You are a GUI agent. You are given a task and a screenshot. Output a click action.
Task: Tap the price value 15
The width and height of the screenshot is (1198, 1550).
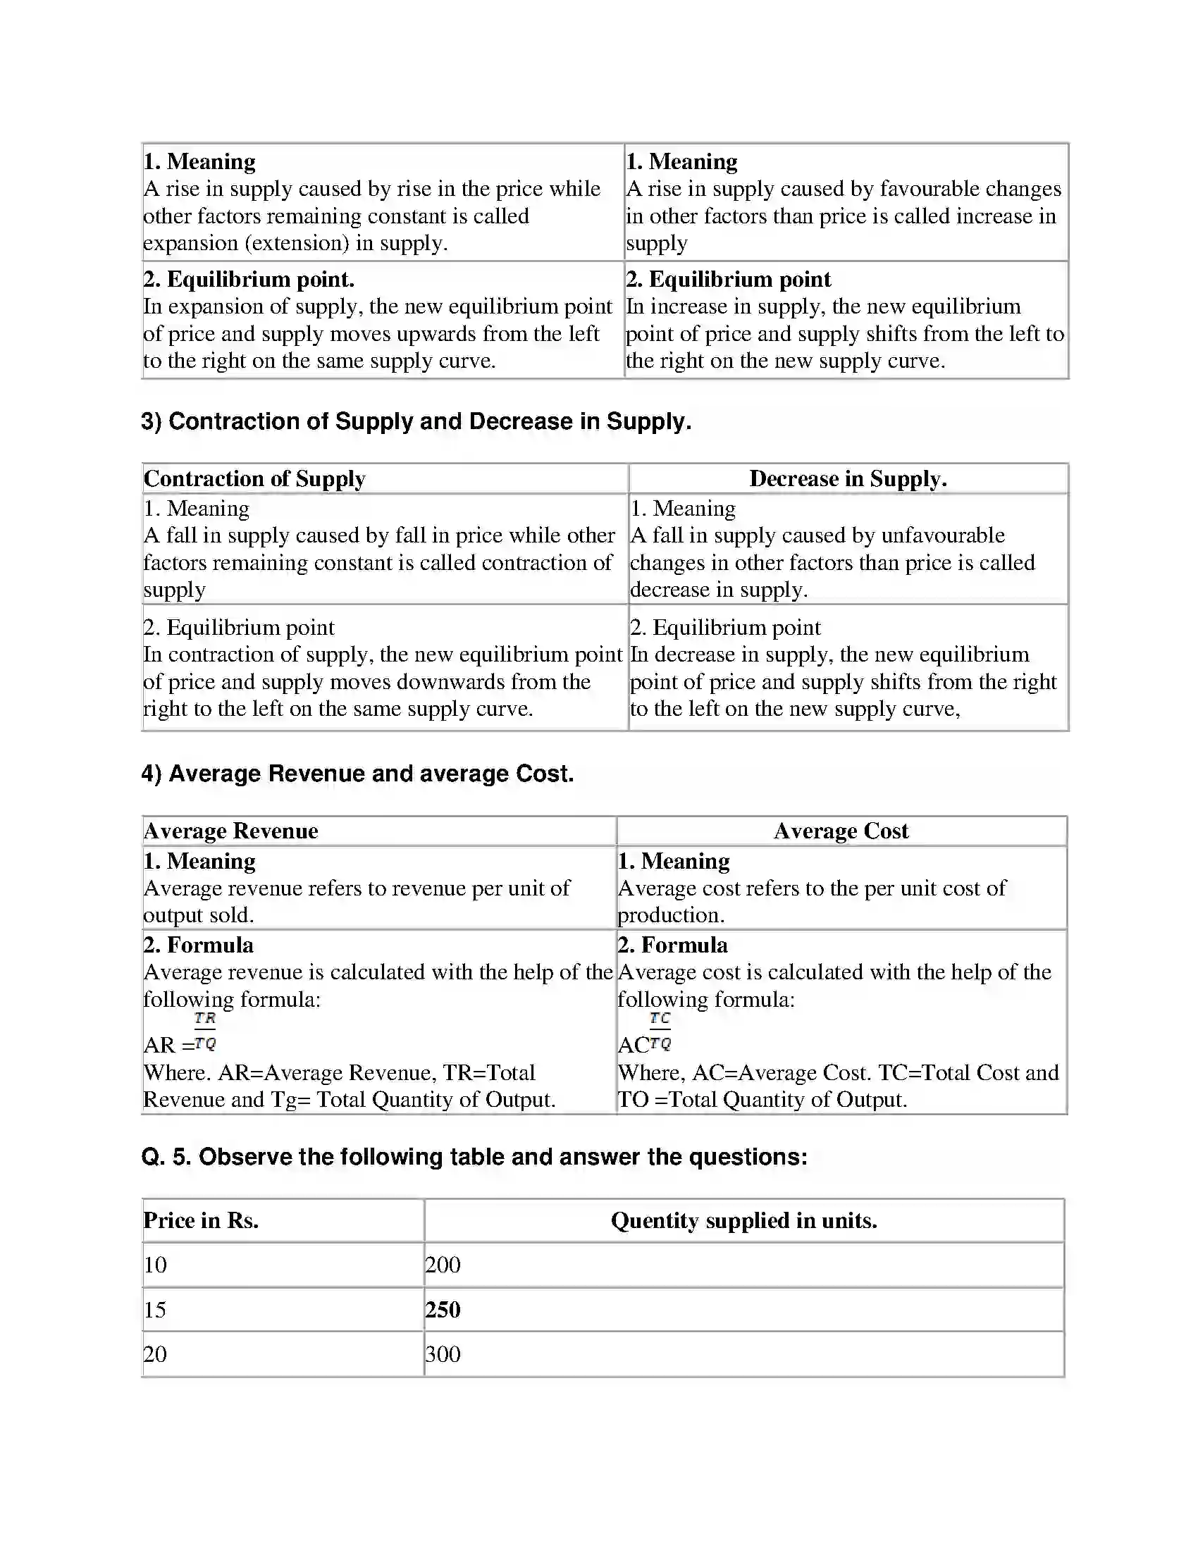point(155,1310)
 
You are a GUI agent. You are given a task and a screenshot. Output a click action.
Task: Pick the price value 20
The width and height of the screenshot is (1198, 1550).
point(155,1354)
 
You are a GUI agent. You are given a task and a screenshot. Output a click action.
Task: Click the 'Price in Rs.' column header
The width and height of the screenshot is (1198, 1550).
point(201,1220)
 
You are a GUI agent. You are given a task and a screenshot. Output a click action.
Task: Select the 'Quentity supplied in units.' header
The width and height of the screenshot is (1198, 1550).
point(743,1220)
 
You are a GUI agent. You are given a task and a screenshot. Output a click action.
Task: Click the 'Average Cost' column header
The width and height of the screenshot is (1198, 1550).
point(841,831)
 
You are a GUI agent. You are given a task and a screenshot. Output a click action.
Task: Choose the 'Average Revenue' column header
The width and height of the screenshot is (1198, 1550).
point(230,831)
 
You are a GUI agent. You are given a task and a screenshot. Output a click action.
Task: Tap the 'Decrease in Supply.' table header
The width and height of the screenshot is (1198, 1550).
point(848,478)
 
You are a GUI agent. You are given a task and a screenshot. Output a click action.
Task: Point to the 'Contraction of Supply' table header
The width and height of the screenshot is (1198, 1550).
point(254,478)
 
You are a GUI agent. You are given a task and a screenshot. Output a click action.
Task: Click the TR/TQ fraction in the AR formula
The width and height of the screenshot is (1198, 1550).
point(204,1031)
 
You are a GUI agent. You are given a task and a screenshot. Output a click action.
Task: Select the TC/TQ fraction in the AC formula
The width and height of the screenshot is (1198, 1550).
point(660,1031)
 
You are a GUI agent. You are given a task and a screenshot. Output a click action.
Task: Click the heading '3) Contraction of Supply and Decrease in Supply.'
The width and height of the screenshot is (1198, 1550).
point(416,421)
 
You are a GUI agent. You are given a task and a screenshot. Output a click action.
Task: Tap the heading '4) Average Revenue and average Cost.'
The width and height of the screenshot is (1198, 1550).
point(357,773)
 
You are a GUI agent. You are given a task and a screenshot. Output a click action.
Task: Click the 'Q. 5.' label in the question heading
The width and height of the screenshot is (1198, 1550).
point(166,1157)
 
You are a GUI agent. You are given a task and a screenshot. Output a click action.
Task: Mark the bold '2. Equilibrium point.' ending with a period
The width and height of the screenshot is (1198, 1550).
point(248,279)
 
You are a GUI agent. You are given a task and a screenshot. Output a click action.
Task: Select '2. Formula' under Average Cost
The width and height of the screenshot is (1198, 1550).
point(672,945)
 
